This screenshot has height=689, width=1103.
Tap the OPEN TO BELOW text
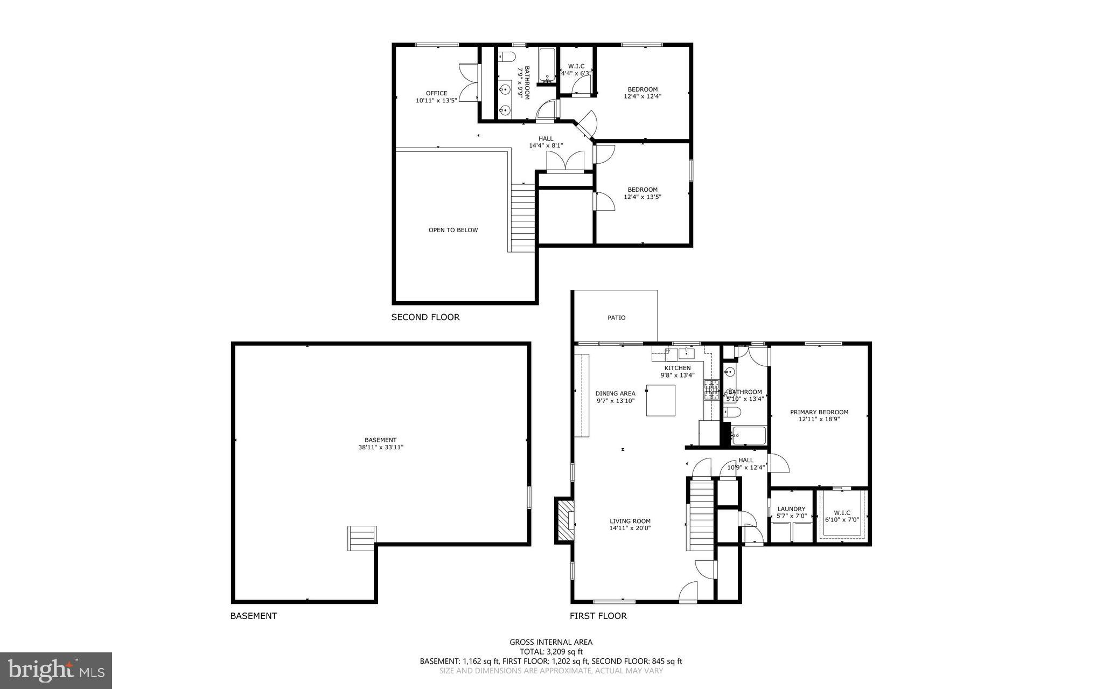(x=453, y=230)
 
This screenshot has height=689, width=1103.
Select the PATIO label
(x=616, y=318)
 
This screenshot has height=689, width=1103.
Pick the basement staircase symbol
(x=362, y=538)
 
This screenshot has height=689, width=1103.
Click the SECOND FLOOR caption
(x=425, y=317)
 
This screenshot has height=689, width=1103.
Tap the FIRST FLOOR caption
(x=598, y=616)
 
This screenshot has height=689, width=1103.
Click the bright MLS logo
(x=56, y=670)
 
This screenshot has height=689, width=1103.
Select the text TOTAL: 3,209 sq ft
(x=551, y=651)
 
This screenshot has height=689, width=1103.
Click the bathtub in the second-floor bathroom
(x=547, y=65)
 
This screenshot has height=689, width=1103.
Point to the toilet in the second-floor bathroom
(x=506, y=57)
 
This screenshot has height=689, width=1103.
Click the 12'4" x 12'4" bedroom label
(x=642, y=93)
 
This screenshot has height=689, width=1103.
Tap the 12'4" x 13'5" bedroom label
(x=642, y=193)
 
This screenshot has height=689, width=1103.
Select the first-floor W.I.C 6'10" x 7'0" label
(x=842, y=516)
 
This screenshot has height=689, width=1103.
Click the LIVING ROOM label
(x=630, y=524)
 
